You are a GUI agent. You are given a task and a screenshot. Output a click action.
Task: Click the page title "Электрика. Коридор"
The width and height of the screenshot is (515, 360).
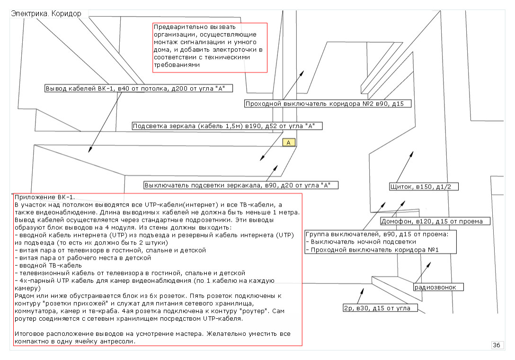[45, 14]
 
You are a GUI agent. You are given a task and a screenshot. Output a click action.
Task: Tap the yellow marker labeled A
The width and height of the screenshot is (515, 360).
[289, 142]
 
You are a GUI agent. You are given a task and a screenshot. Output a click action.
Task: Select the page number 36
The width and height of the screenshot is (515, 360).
[497, 345]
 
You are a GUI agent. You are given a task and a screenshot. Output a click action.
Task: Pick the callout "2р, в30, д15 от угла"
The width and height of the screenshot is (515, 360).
[380, 308]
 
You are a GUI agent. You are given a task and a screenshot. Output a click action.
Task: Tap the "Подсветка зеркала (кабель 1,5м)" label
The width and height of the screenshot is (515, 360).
[227, 126]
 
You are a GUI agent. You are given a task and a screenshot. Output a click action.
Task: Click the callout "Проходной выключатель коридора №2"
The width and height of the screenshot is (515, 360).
[328, 104]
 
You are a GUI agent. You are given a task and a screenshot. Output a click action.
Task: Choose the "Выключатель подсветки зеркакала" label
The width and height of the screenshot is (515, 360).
[241, 185]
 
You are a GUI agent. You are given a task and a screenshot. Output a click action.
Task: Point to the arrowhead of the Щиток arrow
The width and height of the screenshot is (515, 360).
[412, 154]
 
